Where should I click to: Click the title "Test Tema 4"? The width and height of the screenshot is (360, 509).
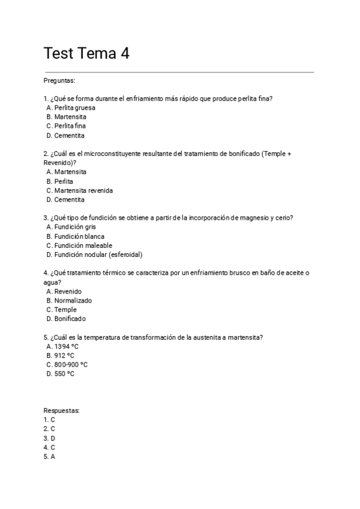[86, 53]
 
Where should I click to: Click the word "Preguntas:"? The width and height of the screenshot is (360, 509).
[59, 80]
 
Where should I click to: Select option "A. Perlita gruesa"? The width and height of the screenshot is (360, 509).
[70, 107]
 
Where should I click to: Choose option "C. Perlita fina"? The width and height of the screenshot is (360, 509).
[66, 126]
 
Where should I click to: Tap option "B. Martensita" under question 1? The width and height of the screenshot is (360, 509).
[66, 116]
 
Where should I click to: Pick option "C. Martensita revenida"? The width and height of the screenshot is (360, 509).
[79, 190]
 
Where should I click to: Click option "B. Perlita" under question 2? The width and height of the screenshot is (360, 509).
[60, 181]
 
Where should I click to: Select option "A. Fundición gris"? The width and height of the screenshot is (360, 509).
[71, 227]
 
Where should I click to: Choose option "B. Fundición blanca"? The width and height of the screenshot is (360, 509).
[75, 236]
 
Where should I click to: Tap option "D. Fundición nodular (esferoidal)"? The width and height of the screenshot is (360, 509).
[94, 254]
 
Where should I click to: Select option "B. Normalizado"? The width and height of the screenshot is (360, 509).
[69, 300]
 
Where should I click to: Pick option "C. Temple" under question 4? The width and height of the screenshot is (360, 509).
[62, 310]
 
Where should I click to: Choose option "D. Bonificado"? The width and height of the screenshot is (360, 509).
[66, 319]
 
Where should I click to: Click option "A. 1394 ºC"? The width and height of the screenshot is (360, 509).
[63, 346]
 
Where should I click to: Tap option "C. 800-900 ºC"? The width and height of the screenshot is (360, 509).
[67, 364]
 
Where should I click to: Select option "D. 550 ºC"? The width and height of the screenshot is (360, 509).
[60, 373]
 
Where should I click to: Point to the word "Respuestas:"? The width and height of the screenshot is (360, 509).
[62, 411]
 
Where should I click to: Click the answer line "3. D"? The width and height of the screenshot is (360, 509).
[49, 438]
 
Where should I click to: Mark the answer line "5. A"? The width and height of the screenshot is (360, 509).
[49, 457]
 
